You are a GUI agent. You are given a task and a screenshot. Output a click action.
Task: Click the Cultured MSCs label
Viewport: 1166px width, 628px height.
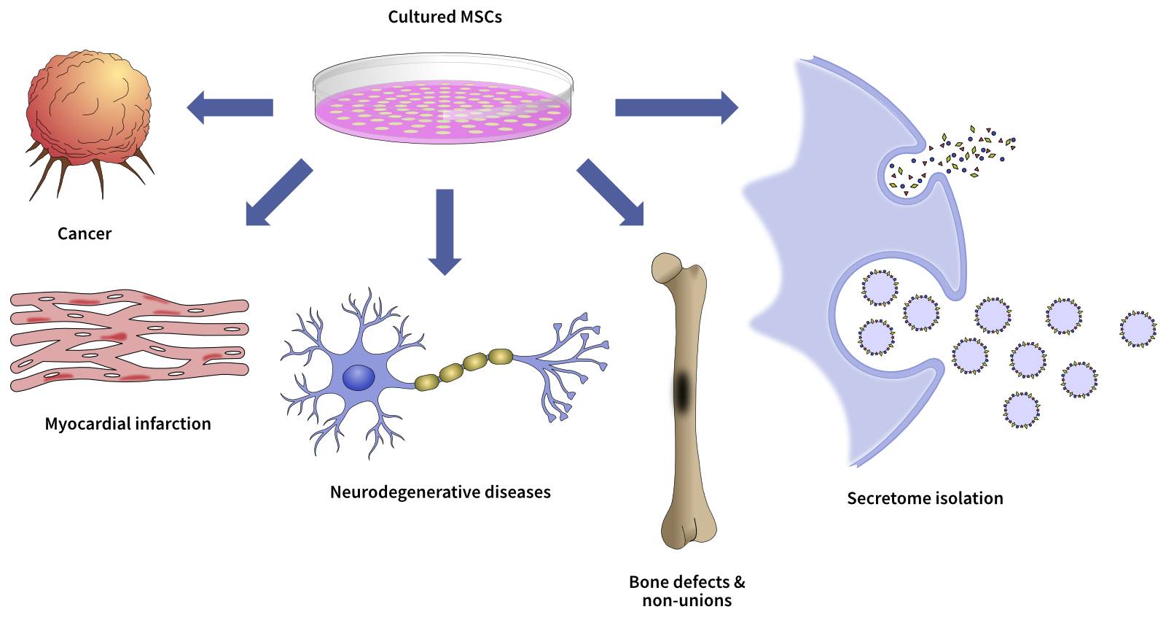pos(445,17)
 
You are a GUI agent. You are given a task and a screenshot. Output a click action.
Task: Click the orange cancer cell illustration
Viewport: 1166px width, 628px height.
pos(89,109)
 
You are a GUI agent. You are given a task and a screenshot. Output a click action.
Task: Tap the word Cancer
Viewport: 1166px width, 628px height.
pos(85,234)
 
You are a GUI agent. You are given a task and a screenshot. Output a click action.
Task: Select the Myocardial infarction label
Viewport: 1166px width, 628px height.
pos(128,424)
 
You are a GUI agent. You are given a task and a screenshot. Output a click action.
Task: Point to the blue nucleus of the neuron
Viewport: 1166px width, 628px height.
pos(359,378)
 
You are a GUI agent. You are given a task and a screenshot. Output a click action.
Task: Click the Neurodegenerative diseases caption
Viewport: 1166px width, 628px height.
pos(440,492)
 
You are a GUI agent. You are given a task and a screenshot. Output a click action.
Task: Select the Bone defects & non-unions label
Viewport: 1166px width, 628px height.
pos(686,592)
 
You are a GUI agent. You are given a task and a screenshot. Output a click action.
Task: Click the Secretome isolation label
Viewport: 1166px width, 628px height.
pos(925,498)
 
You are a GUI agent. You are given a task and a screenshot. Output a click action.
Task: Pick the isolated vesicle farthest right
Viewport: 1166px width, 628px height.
pos(1138,329)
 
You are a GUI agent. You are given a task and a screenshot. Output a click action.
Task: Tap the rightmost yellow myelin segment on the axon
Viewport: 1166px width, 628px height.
pos(501,356)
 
